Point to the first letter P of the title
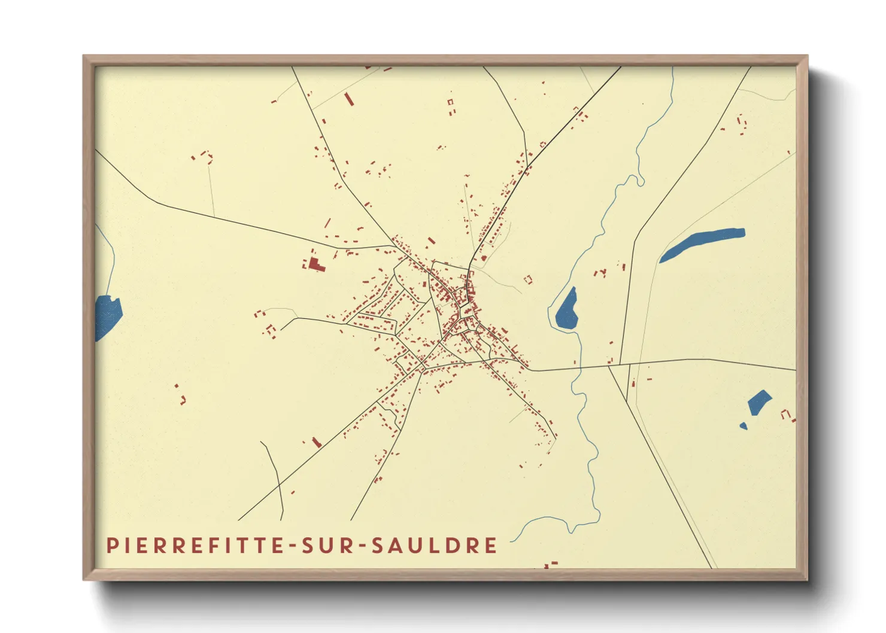point(111,546)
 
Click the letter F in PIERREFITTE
point(202,546)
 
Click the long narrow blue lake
point(702,244)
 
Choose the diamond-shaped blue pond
point(759,402)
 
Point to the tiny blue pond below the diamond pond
point(743,426)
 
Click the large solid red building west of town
point(315,265)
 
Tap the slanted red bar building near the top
point(349,99)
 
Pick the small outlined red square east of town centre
point(528,279)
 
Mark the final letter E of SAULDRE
point(491,546)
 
